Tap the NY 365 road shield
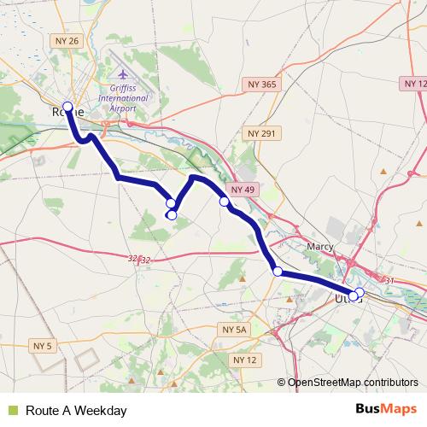262,84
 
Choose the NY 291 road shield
262,133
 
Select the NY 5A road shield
233,329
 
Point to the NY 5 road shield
43,346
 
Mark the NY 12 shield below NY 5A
245,360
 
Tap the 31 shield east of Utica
390,280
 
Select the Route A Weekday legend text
76,411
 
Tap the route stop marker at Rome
67,107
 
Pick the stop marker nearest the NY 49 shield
224,202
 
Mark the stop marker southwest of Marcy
278,272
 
